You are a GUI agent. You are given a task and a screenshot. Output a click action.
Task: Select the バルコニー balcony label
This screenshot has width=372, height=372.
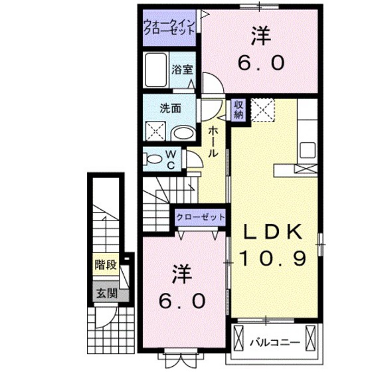pos(274,343)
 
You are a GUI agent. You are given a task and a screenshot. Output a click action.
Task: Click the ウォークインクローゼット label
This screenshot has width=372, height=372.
pos(169,27)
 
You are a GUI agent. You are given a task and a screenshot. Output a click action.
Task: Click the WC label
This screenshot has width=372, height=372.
pos(171,160)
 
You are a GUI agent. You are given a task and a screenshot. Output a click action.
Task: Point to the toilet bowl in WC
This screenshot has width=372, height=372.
pos(153,159)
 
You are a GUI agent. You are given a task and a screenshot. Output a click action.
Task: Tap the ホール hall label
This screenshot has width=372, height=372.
pos(215,141)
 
